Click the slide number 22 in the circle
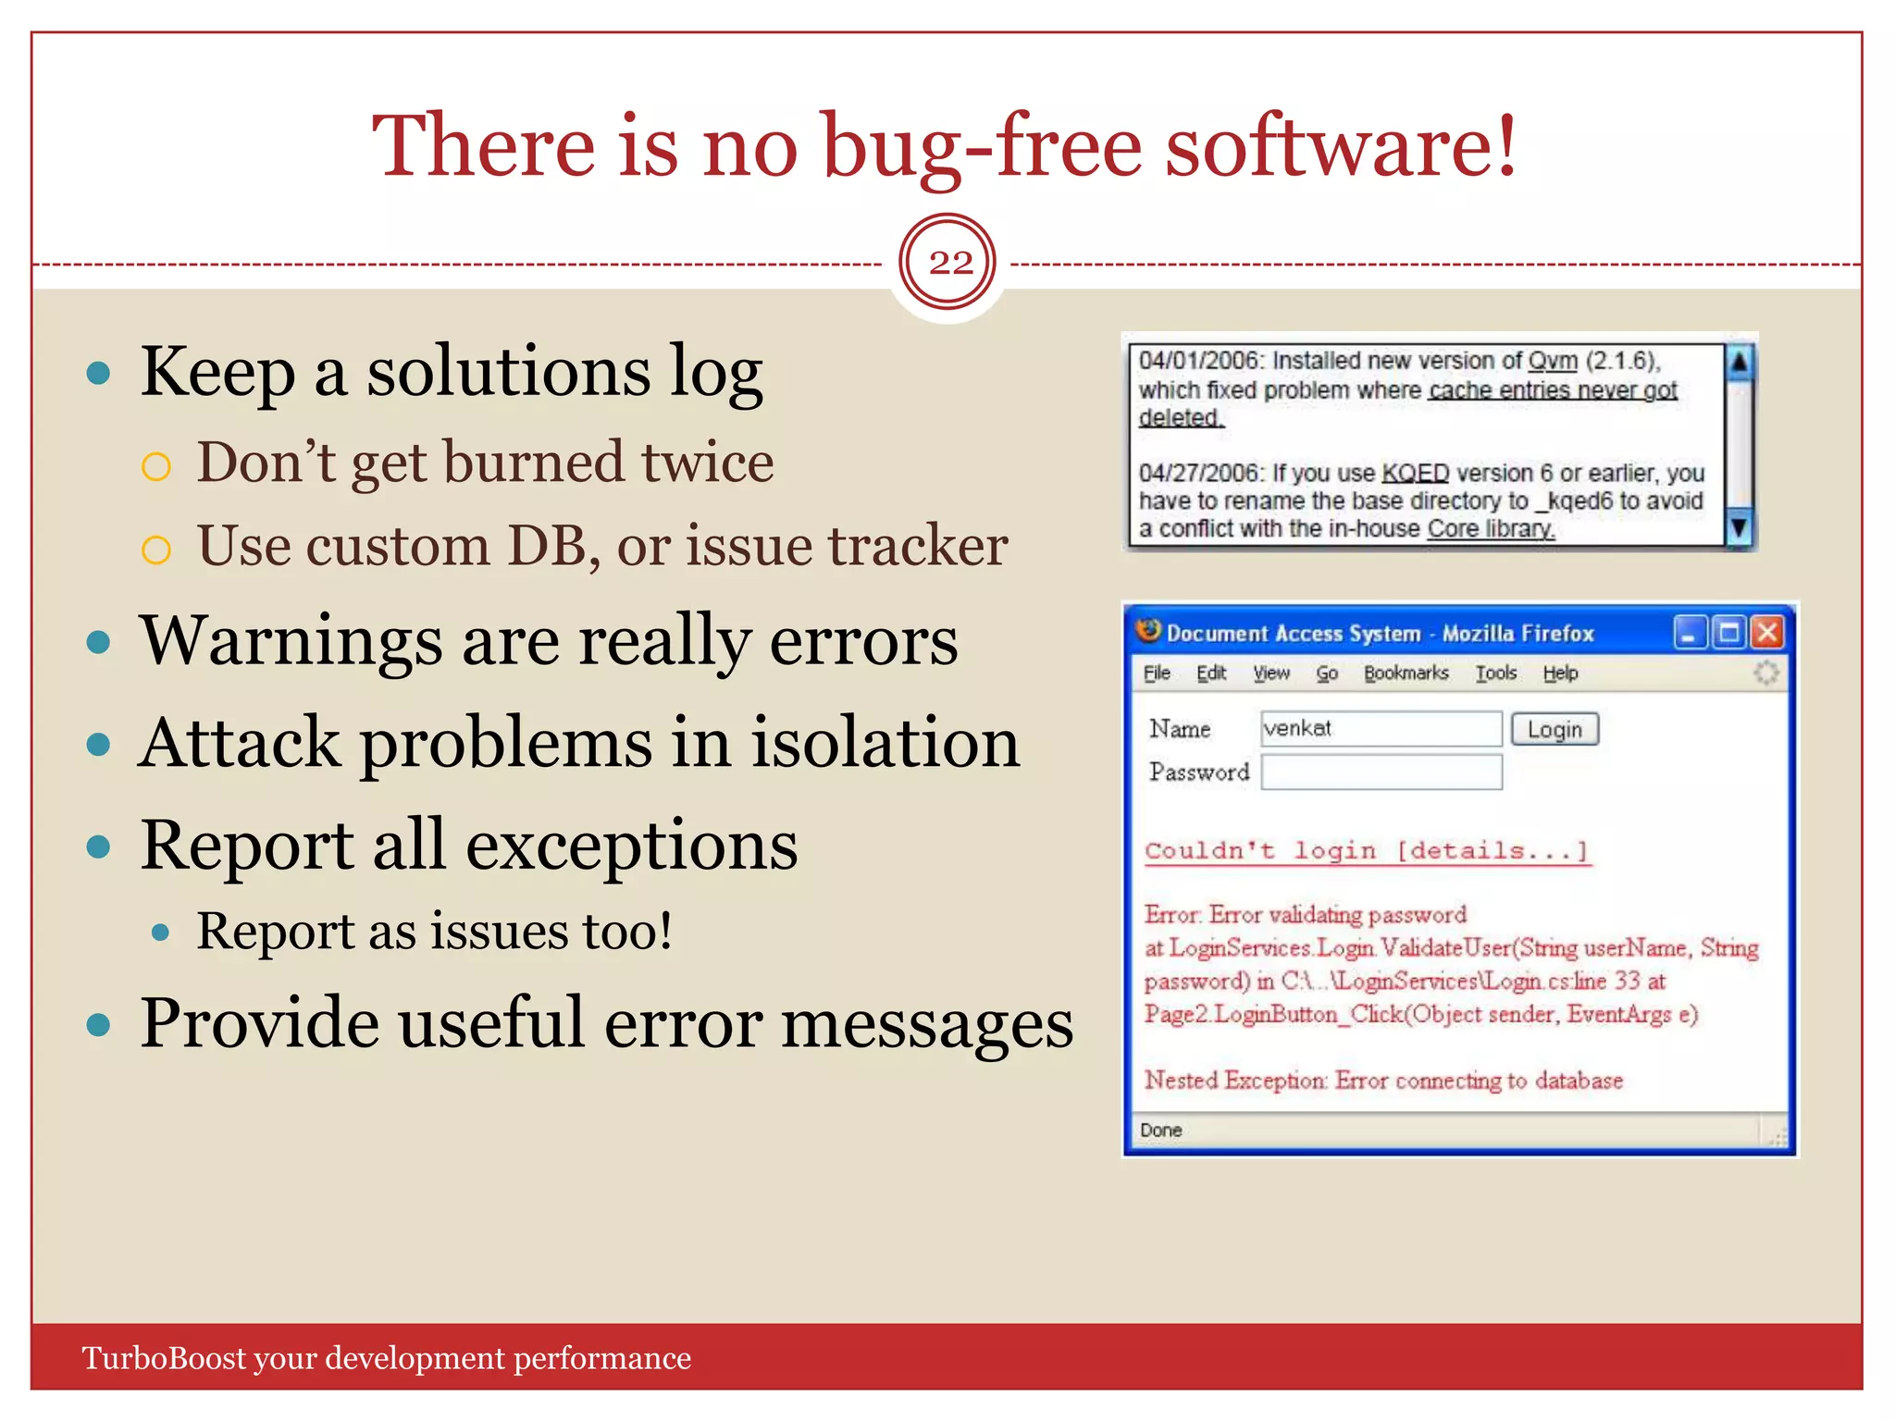click(949, 263)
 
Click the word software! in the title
click(1340, 146)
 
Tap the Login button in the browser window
click(1554, 730)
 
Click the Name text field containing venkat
click(1380, 729)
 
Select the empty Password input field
click(1381, 772)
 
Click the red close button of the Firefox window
click(1767, 633)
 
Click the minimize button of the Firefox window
click(1690, 633)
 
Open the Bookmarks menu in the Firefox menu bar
click(1406, 673)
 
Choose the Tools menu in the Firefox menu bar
click(1495, 673)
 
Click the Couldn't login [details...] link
click(1367, 851)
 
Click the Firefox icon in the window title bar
click(1149, 631)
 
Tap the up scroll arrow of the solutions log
click(1739, 362)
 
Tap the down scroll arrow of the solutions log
click(1739, 527)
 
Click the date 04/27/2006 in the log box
click(1199, 474)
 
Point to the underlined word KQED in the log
click(1414, 474)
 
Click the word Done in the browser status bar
click(1160, 1131)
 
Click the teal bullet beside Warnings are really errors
click(98, 642)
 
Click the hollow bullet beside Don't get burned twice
click(156, 466)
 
